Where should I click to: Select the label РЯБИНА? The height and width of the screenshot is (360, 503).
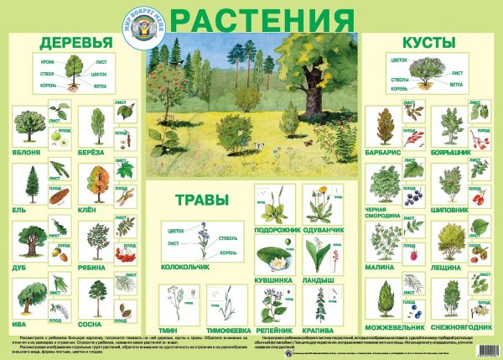(99, 268)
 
